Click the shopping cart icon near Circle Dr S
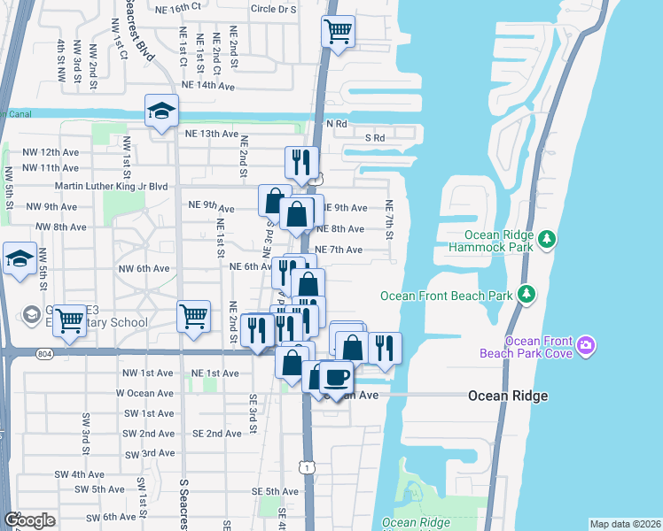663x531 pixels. [338, 32]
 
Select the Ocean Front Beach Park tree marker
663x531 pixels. [526, 292]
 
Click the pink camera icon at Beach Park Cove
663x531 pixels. [585, 343]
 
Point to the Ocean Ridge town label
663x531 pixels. [508, 396]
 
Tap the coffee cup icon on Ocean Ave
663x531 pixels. [336, 378]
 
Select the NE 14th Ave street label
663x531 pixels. [207, 86]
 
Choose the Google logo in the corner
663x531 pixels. [29, 520]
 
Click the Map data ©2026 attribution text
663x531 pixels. [624, 524]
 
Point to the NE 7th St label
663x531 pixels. [388, 219]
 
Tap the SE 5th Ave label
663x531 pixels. [275, 492]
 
